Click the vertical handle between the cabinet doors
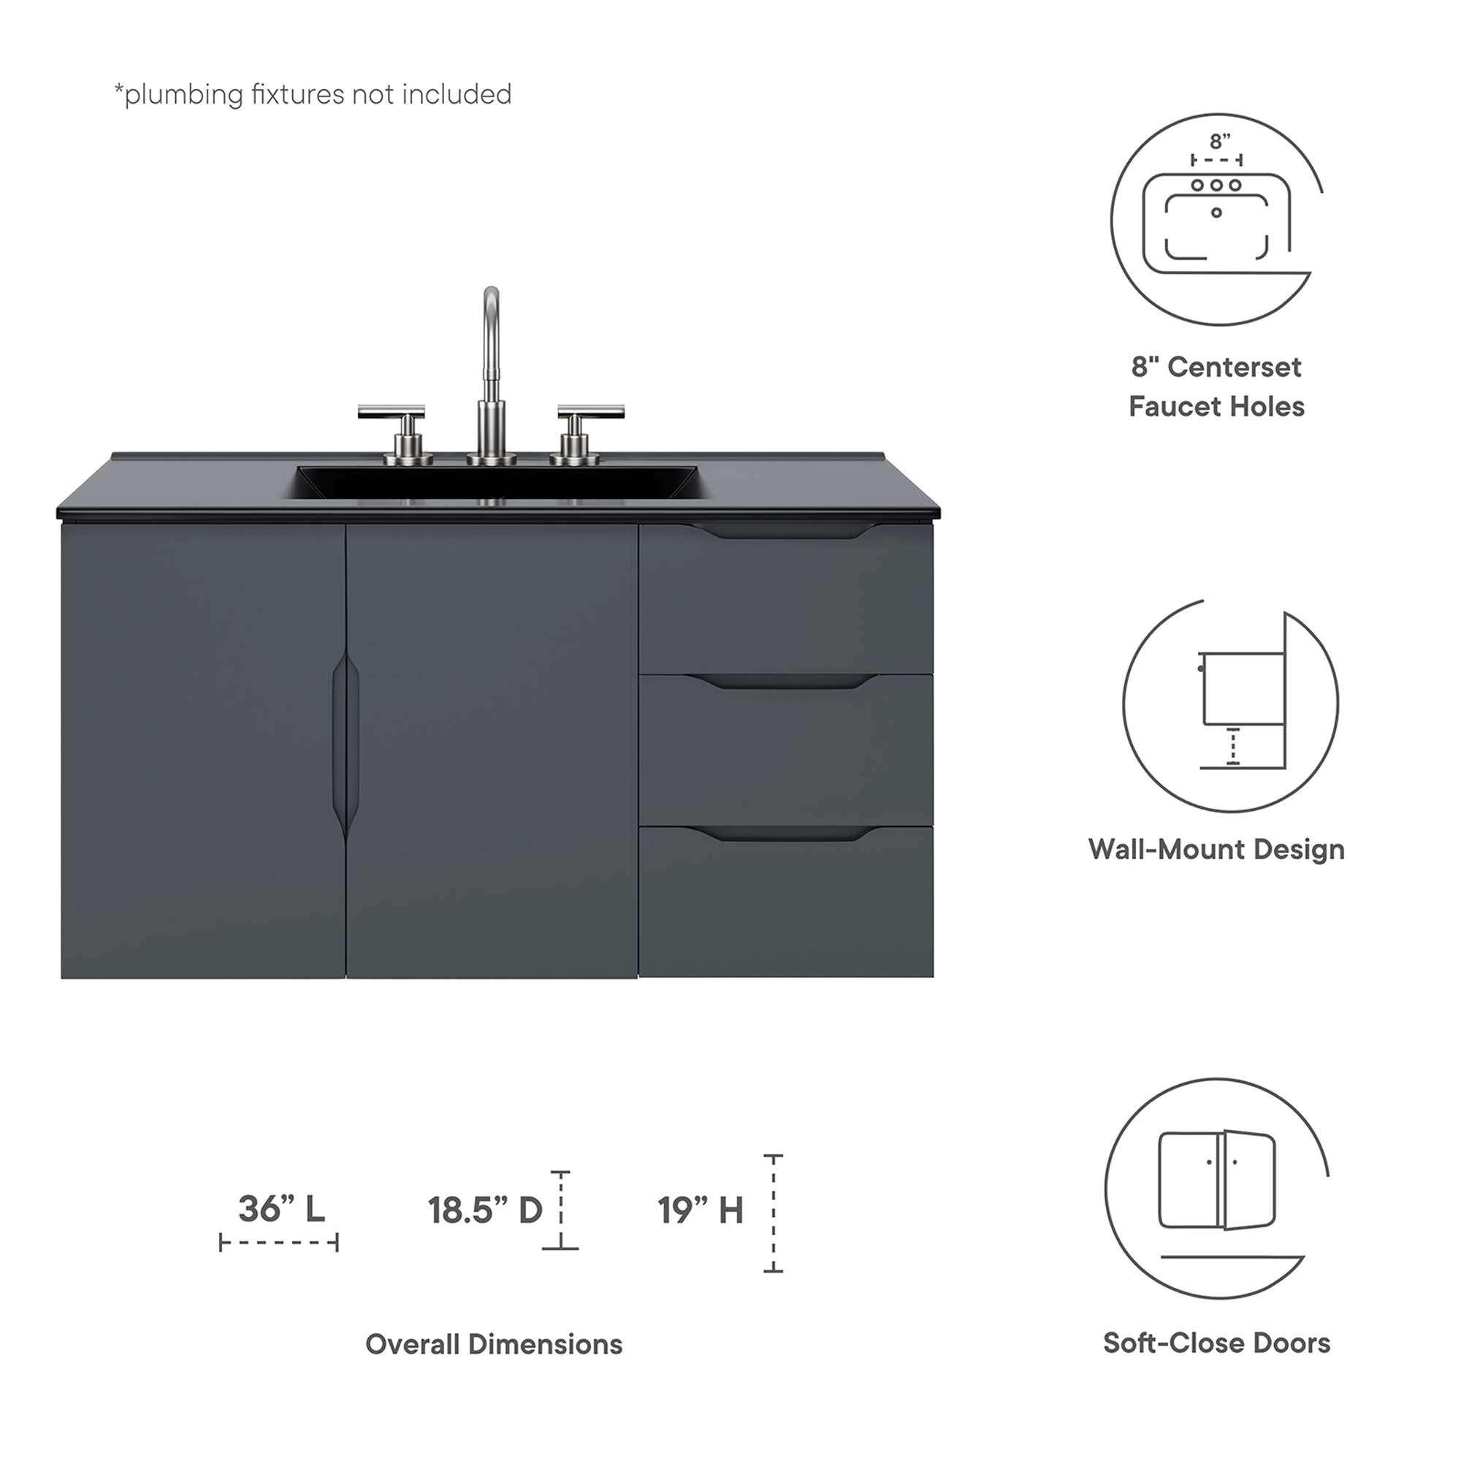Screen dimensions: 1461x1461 coord(345,745)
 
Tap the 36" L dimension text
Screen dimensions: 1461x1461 coord(281,1209)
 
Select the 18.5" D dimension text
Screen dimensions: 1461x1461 coord(485,1210)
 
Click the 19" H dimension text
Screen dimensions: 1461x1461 coord(701,1210)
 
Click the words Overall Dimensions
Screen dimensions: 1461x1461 coord(494,1344)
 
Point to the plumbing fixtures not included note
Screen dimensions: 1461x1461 coord(313,94)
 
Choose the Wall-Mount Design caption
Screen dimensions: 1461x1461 coord(1216,850)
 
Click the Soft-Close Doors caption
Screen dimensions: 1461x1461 coord(1216,1343)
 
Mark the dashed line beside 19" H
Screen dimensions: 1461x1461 coord(773,1213)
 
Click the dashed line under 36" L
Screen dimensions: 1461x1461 coord(279,1243)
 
